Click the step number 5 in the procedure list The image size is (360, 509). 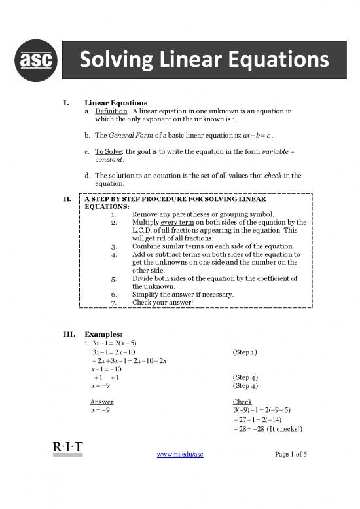tap(115, 278)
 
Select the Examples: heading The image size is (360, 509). tap(103, 333)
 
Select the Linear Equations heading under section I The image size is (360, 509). tap(116, 103)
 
